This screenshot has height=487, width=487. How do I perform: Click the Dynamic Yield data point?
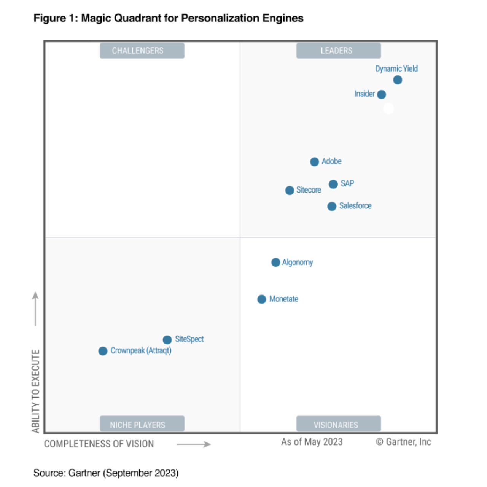pyautogui.click(x=398, y=80)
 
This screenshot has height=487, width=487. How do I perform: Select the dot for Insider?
pyautogui.click(x=381, y=94)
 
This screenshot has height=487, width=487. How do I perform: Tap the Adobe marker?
pyautogui.click(x=314, y=162)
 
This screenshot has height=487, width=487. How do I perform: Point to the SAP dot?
pyautogui.click(x=333, y=184)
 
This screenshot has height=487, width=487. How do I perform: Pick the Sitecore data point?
pyautogui.click(x=290, y=190)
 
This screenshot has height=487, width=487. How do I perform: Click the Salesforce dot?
pyautogui.click(x=332, y=206)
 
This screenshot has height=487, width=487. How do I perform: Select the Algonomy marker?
pyautogui.click(x=275, y=262)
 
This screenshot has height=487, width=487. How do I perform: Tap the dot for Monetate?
pyautogui.click(x=261, y=299)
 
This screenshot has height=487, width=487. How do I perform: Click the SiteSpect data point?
pyautogui.click(x=167, y=340)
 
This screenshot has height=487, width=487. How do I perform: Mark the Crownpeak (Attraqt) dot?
pyautogui.click(x=103, y=351)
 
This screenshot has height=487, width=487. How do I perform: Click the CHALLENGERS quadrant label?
pyautogui.click(x=142, y=51)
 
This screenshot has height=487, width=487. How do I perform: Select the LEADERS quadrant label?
pyautogui.click(x=338, y=51)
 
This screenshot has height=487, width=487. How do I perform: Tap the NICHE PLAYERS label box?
pyautogui.click(x=142, y=424)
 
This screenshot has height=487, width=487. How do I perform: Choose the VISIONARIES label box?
pyautogui.click(x=338, y=424)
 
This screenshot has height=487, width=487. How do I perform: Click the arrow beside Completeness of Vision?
pyautogui.click(x=194, y=444)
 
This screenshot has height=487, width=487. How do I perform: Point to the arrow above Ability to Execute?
pyautogui.click(x=35, y=309)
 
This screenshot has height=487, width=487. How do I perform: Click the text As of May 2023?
pyautogui.click(x=312, y=442)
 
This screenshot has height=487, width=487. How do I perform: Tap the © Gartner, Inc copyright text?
pyautogui.click(x=404, y=442)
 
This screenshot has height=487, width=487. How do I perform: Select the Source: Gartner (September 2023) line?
pyautogui.click(x=106, y=473)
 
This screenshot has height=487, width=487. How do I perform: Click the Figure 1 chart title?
pyautogui.click(x=169, y=18)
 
